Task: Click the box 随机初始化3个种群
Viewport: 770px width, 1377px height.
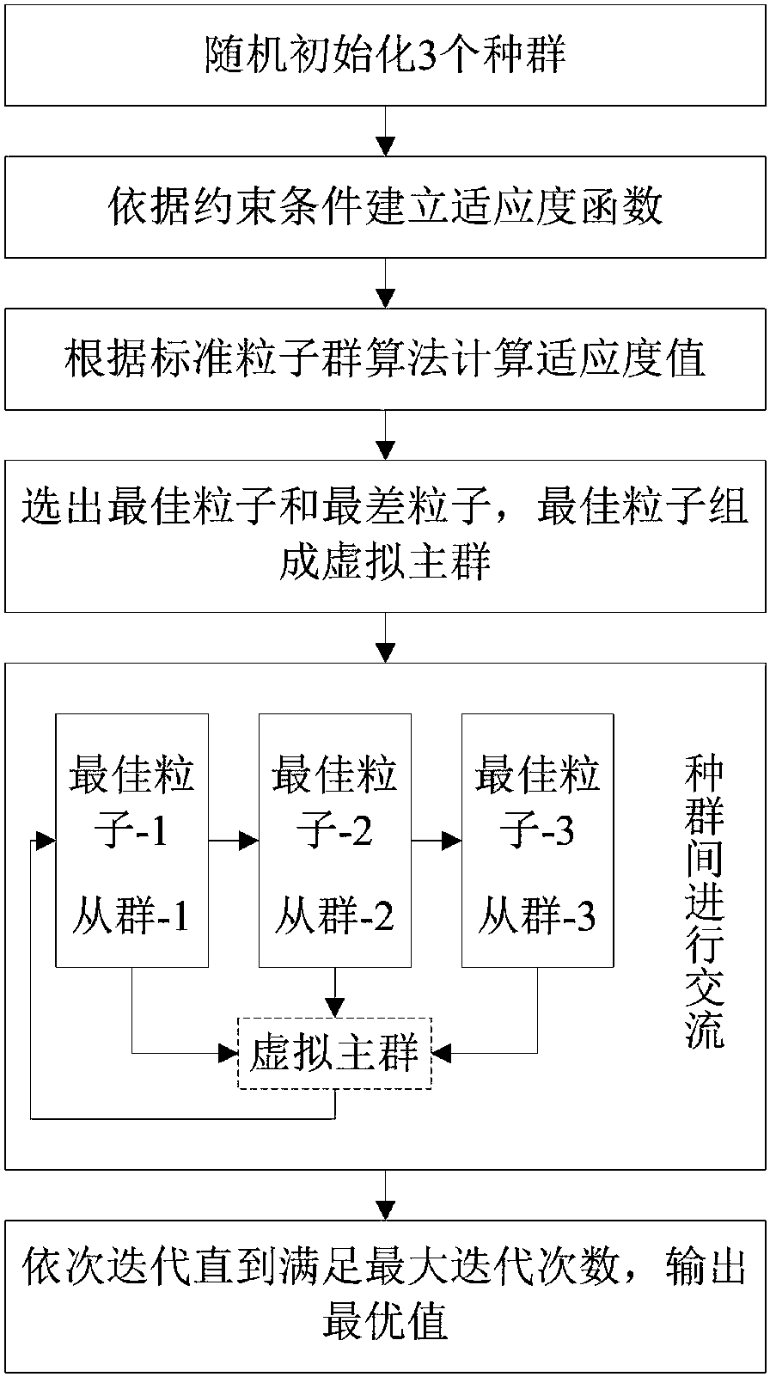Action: click(385, 54)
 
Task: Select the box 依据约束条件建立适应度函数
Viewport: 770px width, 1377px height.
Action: click(385, 206)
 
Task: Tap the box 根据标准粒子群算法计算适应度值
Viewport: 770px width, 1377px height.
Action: click(385, 359)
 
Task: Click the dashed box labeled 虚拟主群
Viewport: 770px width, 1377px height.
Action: click(335, 1054)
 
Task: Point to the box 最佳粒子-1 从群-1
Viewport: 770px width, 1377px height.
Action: click(132, 841)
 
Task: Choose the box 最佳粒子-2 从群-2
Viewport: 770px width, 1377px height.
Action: click(335, 841)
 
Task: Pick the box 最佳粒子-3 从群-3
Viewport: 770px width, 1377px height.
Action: click(538, 841)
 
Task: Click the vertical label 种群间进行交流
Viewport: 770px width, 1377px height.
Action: click(705, 903)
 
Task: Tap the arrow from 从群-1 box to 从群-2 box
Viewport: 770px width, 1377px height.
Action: click(234, 841)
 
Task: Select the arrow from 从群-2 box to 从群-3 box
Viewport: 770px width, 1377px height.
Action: click(437, 841)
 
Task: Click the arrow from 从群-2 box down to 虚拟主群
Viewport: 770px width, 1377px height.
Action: click(335, 993)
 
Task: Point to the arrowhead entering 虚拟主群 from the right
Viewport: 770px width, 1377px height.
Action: click(441, 1054)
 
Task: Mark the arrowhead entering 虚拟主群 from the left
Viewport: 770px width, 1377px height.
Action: click(229, 1054)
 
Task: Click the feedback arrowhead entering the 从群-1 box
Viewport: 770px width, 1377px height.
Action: click(46, 841)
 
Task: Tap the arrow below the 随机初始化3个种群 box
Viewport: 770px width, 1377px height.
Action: click(385, 131)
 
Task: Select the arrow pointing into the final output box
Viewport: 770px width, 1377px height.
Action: click(385, 1195)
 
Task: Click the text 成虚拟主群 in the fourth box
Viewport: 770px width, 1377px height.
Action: click(385, 561)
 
